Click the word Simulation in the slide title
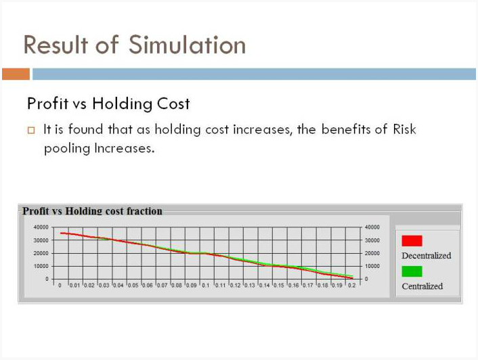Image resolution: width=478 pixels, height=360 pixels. click(187, 45)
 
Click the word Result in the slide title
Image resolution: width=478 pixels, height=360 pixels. click(56, 45)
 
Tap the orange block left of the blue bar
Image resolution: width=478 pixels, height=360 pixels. click(16, 74)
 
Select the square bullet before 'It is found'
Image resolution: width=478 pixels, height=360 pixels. click(31, 131)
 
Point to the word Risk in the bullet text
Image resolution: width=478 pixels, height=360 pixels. click(404, 129)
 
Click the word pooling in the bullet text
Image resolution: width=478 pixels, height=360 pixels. click(67, 149)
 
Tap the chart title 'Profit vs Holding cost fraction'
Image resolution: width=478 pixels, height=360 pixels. click(92, 210)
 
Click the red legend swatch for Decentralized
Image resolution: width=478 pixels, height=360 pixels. click(412, 241)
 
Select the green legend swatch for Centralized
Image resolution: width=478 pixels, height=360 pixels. click(412, 271)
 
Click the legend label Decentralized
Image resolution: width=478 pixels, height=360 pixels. click(427, 256)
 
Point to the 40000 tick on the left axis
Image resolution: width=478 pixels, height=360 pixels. click(41, 227)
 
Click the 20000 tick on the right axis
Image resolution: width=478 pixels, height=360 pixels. click(372, 253)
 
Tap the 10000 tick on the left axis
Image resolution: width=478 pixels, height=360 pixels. click(41, 266)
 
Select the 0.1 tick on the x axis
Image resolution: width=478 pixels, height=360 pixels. click(206, 286)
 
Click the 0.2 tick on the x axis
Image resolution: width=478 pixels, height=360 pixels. click(352, 286)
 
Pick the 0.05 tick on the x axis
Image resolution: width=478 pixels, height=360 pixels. click(133, 286)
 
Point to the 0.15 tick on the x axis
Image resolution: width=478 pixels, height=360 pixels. click(279, 286)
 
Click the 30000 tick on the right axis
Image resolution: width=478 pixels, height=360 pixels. click(372, 240)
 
